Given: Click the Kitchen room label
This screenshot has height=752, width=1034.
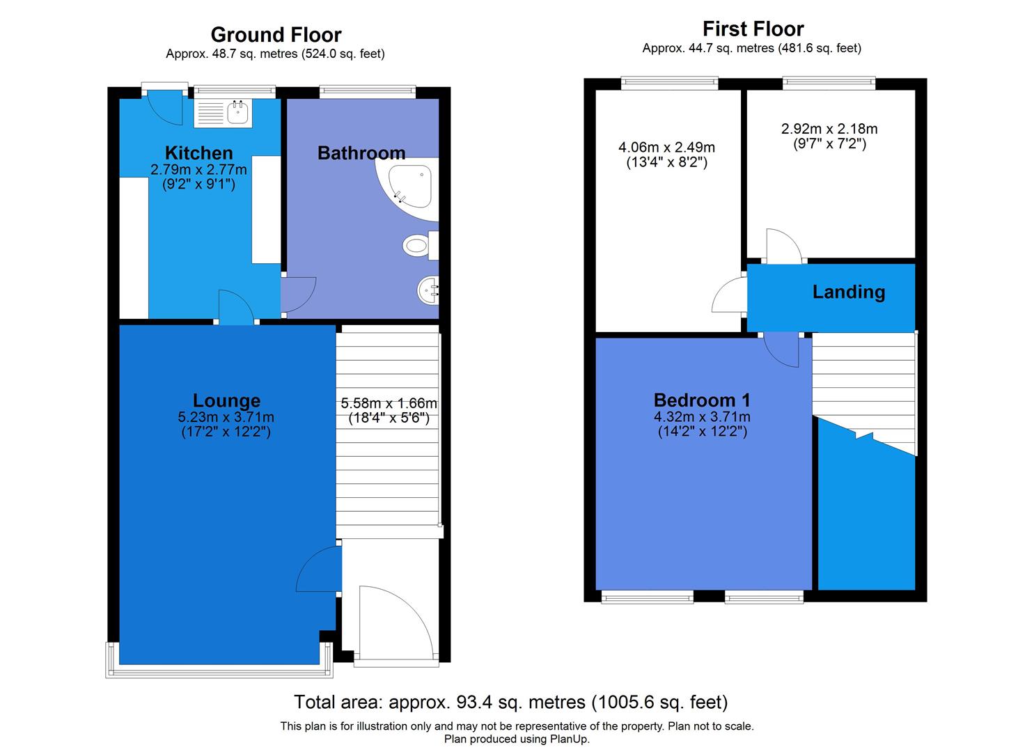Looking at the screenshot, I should [x=198, y=153].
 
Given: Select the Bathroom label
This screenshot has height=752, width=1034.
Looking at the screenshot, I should [x=361, y=153].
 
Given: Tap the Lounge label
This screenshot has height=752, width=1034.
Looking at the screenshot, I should [x=226, y=400].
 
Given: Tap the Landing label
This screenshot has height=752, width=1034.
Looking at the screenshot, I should [x=848, y=292].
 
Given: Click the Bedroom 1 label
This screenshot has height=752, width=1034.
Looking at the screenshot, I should [x=702, y=400].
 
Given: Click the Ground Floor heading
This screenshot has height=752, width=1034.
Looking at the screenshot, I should [x=276, y=35].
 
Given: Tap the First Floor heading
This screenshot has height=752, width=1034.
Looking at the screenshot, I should [x=753, y=29].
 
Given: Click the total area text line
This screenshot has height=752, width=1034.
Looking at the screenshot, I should [x=510, y=701].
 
